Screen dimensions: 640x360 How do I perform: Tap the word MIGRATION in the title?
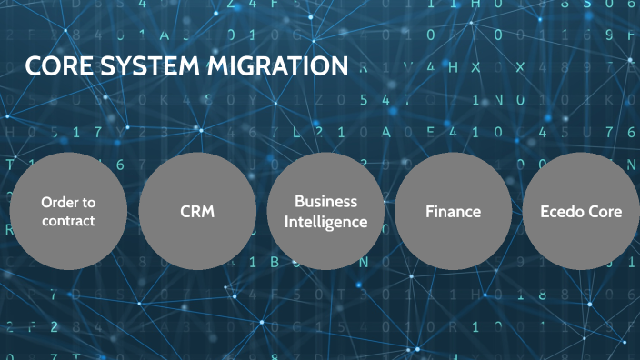tap(281, 67)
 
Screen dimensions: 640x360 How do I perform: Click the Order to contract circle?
tap(67, 211)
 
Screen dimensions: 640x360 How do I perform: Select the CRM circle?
tap(196, 211)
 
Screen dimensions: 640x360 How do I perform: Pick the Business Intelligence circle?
tap(325, 211)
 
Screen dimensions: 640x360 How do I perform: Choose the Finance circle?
tap(454, 211)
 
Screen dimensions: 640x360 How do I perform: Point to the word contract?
tap(68, 221)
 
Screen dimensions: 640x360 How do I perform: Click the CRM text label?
tap(196, 212)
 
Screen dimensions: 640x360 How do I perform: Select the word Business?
tap(325, 202)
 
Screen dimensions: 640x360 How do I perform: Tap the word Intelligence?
tap(325, 221)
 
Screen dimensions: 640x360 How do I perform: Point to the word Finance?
tap(454, 212)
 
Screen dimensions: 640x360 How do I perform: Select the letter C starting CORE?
tap(34, 67)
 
